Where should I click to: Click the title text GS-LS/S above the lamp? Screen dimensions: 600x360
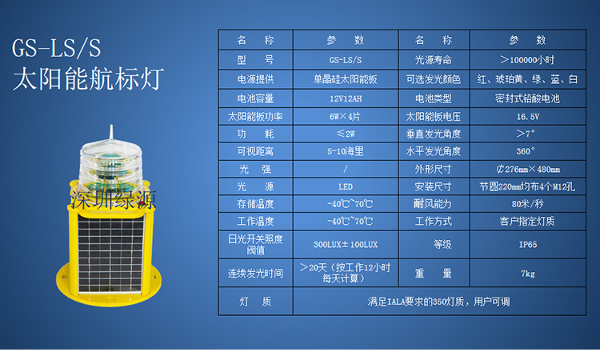(56, 48)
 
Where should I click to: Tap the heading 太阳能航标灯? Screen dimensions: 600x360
(88, 78)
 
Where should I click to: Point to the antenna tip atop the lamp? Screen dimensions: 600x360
(111, 126)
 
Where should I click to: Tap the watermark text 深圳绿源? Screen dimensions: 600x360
(113, 200)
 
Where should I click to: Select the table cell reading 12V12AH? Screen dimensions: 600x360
(346, 98)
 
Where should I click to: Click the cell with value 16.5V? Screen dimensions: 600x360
(528, 117)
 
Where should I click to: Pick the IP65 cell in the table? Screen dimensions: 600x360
(528, 245)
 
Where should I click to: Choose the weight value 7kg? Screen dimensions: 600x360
(528, 274)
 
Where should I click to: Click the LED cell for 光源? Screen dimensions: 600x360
(346, 186)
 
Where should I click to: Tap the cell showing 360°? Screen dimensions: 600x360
(526, 151)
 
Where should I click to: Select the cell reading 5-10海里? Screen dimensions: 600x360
(346, 151)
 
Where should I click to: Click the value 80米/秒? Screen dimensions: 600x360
(528, 204)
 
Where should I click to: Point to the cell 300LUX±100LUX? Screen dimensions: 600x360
(346, 245)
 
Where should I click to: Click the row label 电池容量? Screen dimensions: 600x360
(255, 98)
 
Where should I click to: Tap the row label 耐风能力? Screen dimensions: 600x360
(433, 204)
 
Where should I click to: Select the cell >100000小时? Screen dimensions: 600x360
(527, 60)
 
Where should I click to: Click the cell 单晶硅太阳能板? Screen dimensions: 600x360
(346, 79)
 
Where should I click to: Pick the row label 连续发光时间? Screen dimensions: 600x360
(255, 274)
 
